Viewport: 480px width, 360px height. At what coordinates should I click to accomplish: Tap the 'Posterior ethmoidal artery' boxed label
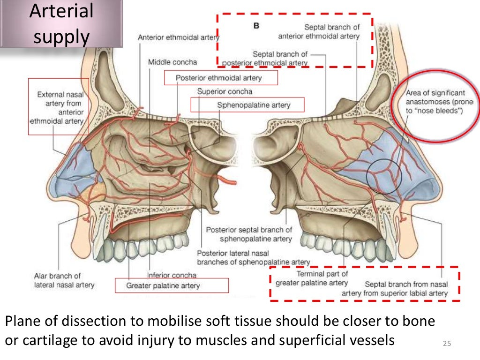coord(220,78)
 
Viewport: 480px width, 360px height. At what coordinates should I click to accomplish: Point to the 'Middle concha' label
coord(172,62)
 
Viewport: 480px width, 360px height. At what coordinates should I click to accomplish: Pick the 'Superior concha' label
coord(225,91)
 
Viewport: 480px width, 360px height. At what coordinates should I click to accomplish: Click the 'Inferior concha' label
coord(172,275)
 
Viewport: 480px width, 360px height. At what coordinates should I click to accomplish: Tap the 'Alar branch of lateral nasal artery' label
coord(64,280)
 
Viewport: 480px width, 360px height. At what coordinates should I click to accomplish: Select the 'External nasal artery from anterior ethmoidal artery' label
coord(58,108)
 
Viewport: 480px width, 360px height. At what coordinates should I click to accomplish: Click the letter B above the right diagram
coord(256,26)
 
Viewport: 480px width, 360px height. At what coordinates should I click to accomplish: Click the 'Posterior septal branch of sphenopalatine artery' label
coord(249,234)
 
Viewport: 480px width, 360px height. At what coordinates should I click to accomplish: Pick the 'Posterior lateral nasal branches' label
coord(253,257)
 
